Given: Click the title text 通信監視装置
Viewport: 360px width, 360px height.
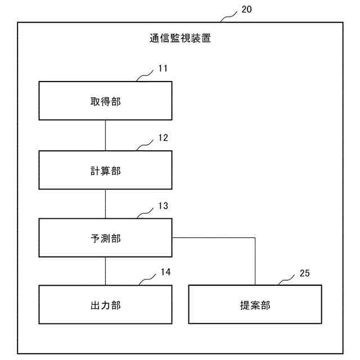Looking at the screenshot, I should [181, 39].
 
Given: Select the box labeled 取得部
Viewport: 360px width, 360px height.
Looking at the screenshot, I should [105, 101].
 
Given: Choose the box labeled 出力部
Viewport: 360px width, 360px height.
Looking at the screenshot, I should [105, 305].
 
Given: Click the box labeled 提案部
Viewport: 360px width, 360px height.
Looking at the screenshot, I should [255, 305].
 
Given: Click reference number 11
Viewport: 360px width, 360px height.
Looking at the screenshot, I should [163, 69].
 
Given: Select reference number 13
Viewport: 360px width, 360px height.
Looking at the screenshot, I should [163, 206].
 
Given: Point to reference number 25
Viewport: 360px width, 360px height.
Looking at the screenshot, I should [304, 274].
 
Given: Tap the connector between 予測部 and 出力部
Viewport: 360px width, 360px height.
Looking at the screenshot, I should [105, 271].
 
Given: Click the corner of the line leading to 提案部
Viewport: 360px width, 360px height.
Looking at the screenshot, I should [255, 238].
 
